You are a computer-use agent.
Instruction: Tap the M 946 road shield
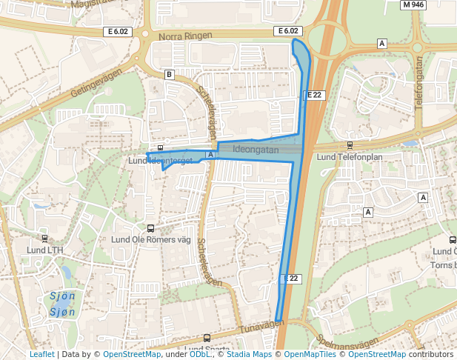(413, 4)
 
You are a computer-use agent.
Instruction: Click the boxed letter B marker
(170, 74)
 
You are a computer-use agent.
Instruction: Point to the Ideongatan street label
(255, 150)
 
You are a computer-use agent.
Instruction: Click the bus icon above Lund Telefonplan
(350, 146)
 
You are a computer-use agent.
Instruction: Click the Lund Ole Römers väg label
(151, 239)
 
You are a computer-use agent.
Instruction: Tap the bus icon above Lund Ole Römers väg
(151, 229)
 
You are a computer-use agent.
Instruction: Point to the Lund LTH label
(45, 250)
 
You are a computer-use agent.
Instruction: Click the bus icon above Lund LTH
(45, 239)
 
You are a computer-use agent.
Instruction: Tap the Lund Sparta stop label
(207, 349)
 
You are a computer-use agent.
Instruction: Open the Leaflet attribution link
(41, 355)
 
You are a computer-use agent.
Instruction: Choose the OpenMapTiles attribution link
(310, 355)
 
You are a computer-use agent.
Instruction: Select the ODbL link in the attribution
(200, 355)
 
